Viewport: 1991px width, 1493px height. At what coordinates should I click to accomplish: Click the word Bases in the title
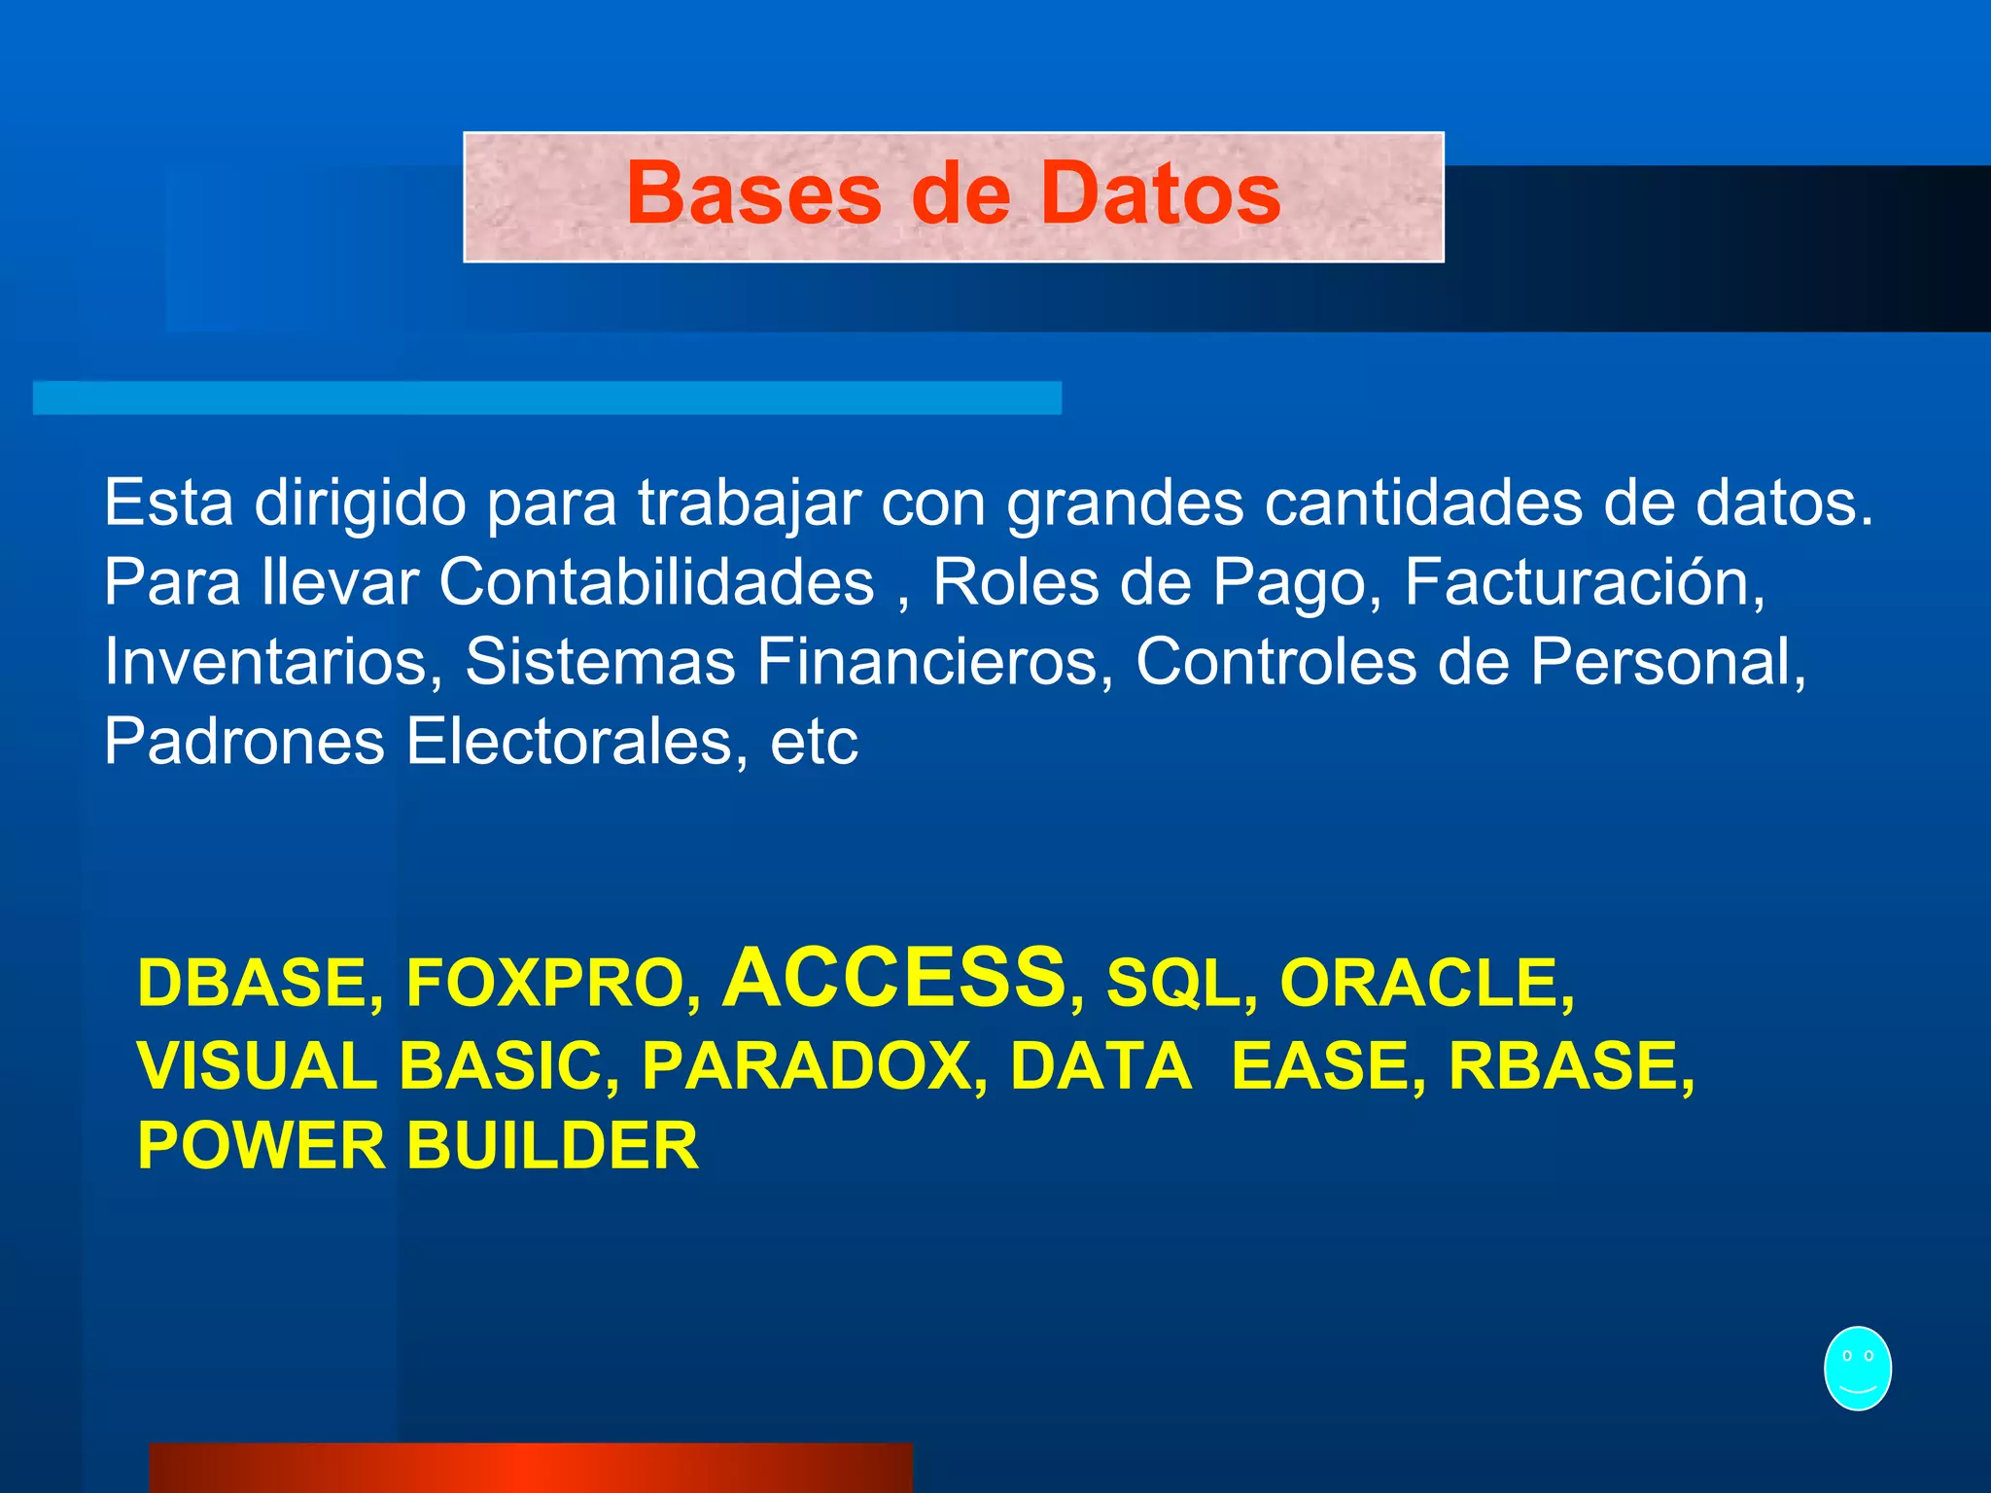(x=753, y=193)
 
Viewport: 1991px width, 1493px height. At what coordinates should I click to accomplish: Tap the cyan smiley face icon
(x=1857, y=1368)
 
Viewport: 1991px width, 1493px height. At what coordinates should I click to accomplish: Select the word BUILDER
(x=552, y=1145)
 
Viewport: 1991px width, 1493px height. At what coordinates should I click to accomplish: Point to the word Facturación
(x=1584, y=582)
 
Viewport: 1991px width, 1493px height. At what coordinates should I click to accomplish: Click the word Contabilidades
(x=656, y=582)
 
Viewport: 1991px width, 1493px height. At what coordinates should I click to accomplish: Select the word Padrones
(x=244, y=742)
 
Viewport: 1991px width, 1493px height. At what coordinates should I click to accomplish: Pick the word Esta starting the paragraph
(x=168, y=503)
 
